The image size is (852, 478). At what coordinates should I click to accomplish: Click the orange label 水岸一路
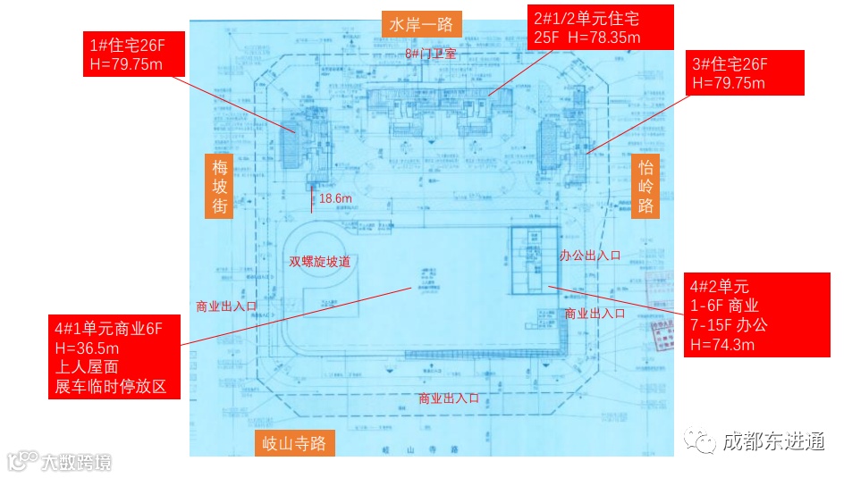click(x=421, y=23)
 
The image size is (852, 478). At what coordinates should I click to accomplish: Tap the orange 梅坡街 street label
click(x=220, y=186)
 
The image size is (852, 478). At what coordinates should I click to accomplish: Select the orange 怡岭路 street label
click(x=645, y=186)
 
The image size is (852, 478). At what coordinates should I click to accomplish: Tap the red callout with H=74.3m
click(x=758, y=315)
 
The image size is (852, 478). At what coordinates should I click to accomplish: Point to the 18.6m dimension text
click(x=335, y=197)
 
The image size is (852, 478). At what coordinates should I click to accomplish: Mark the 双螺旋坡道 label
click(x=319, y=262)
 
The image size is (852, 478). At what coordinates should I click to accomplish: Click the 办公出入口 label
click(x=590, y=256)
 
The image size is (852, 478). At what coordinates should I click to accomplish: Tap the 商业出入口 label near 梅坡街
click(x=226, y=306)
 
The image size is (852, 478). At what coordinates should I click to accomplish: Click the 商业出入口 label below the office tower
click(x=595, y=314)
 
